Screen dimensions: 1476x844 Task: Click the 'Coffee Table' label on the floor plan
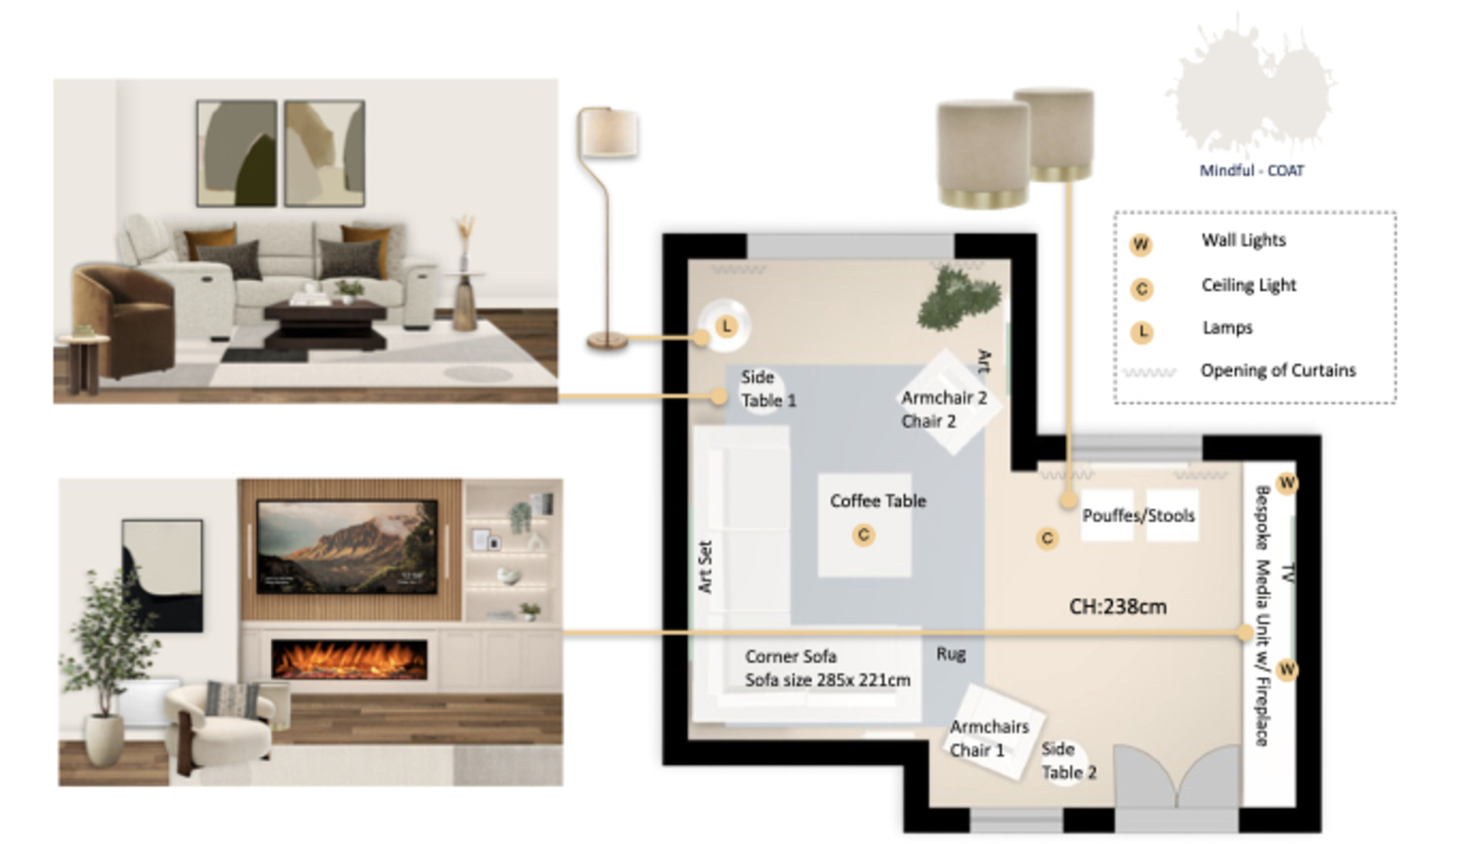pos(877,502)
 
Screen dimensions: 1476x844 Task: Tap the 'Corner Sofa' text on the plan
pos(791,657)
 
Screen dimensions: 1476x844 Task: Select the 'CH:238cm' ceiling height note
pos(1117,607)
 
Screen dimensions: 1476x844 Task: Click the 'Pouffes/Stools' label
pos(1138,516)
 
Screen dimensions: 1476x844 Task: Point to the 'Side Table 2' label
pos(1069,761)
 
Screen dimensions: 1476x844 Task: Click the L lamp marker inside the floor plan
pos(726,325)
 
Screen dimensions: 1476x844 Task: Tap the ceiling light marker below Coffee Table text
pos(863,535)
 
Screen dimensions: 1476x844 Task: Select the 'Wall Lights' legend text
pos(1244,241)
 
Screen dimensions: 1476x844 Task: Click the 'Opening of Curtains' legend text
pos(1279,371)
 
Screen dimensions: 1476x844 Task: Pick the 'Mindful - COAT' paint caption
pos(1251,171)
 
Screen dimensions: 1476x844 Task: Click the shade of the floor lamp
pos(607,133)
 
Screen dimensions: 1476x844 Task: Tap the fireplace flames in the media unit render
pos(349,660)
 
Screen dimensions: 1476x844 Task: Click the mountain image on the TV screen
pos(347,547)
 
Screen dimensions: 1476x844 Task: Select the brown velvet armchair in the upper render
pos(124,320)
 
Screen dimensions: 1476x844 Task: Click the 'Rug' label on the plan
pos(950,654)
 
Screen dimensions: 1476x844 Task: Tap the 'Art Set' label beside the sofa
pos(705,567)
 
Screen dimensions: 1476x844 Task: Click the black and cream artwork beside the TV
pos(162,576)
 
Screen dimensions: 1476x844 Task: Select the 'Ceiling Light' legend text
pos(1248,285)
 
